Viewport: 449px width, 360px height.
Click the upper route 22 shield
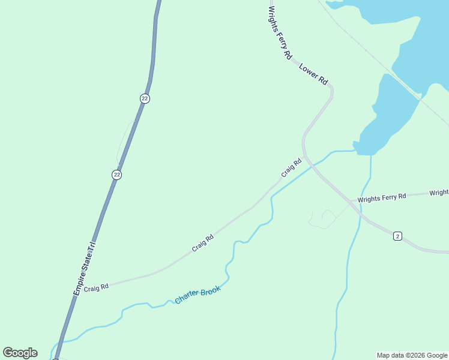pos(145,98)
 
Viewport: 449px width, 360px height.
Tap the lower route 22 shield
pos(116,175)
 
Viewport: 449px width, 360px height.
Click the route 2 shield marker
pos(397,236)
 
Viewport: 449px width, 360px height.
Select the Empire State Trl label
pos(85,268)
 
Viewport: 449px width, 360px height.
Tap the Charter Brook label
pos(198,294)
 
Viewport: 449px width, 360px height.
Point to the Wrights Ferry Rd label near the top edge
pos(280,32)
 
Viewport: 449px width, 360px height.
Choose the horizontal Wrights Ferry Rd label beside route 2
pos(382,197)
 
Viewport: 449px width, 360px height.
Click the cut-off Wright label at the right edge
pos(439,193)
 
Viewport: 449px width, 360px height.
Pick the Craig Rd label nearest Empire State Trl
pos(96,288)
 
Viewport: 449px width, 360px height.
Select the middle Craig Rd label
pos(203,243)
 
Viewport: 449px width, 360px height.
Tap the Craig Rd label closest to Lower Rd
pos(291,167)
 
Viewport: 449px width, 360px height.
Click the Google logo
pos(20,353)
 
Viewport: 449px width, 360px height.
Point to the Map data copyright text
pos(412,355)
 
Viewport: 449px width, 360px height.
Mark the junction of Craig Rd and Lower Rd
pos(305,156)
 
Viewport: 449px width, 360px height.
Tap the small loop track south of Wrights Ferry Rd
pos(323,219)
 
